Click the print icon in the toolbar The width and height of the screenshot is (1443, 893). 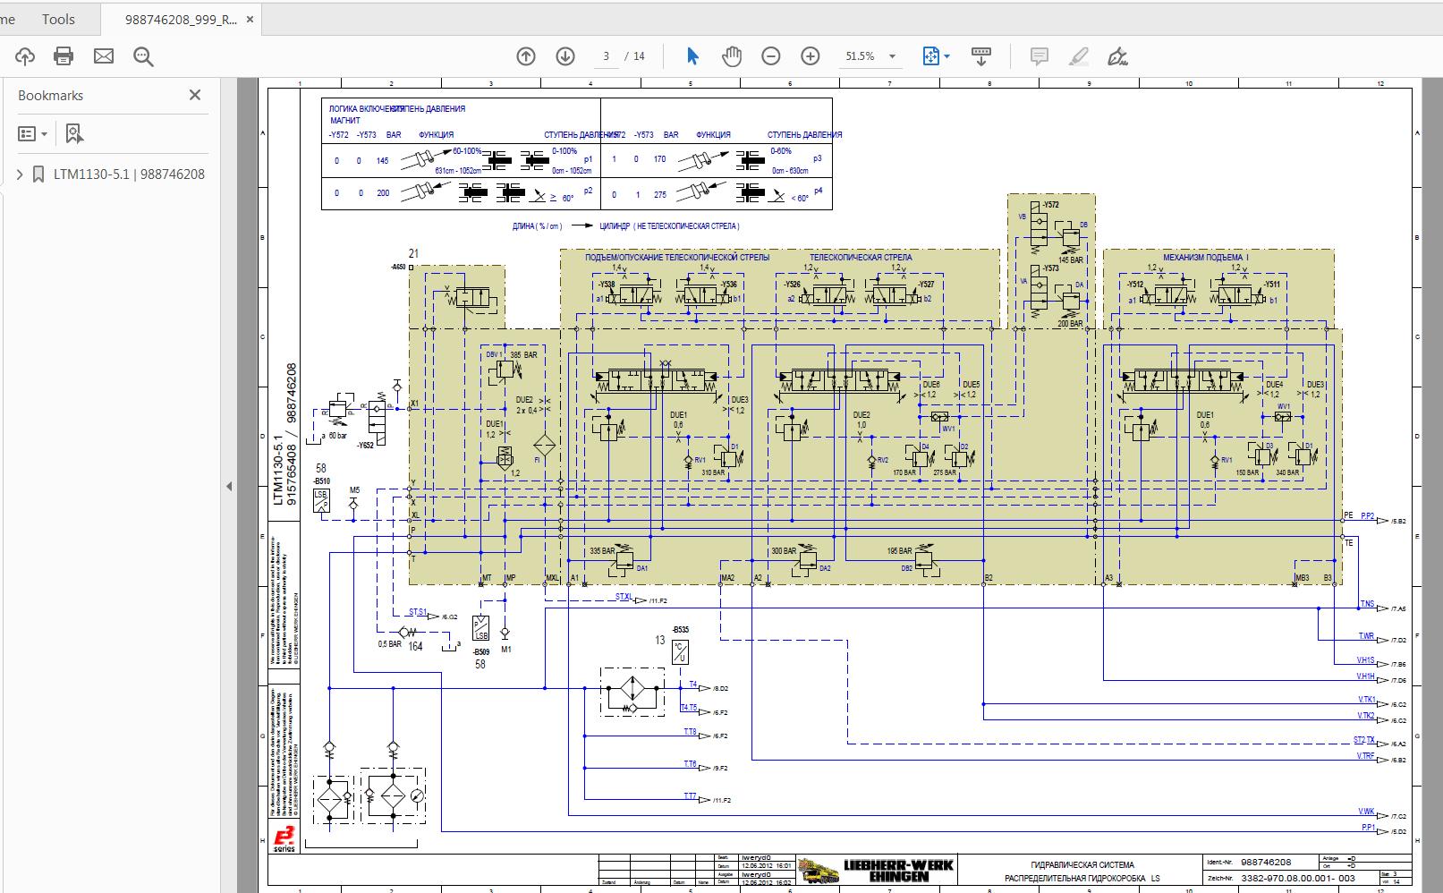click(x=64, y=56)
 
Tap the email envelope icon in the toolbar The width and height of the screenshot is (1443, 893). click(x=104, y=56)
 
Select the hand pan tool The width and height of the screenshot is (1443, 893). click(x=732, y=56)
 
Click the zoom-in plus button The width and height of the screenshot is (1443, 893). click(x=811, y=56)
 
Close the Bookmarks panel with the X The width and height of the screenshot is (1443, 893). click(x=195, y=95)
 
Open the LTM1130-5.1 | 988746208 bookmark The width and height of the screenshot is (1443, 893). click(x=129, y=174)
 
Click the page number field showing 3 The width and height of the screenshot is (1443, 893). click(x=606, y=56)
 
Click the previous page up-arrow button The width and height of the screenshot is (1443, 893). click(x=526, y=56)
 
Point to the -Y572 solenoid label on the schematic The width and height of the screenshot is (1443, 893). click(x=1049, y=205)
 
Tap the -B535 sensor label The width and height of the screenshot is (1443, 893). click(x=680, y=630)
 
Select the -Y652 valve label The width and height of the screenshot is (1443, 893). click(x=365, y=445)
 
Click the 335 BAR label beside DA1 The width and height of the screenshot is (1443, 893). click(x=602, y=551)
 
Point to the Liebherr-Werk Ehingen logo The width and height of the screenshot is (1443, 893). click(x=877, y=869)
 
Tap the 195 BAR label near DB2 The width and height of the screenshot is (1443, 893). click(x=899, y=551)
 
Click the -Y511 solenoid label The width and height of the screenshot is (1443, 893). click(x=1270, y=285)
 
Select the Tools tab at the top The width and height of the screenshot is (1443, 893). click(x=58, y=19)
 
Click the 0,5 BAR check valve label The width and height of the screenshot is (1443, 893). click(x=389, y=644)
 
